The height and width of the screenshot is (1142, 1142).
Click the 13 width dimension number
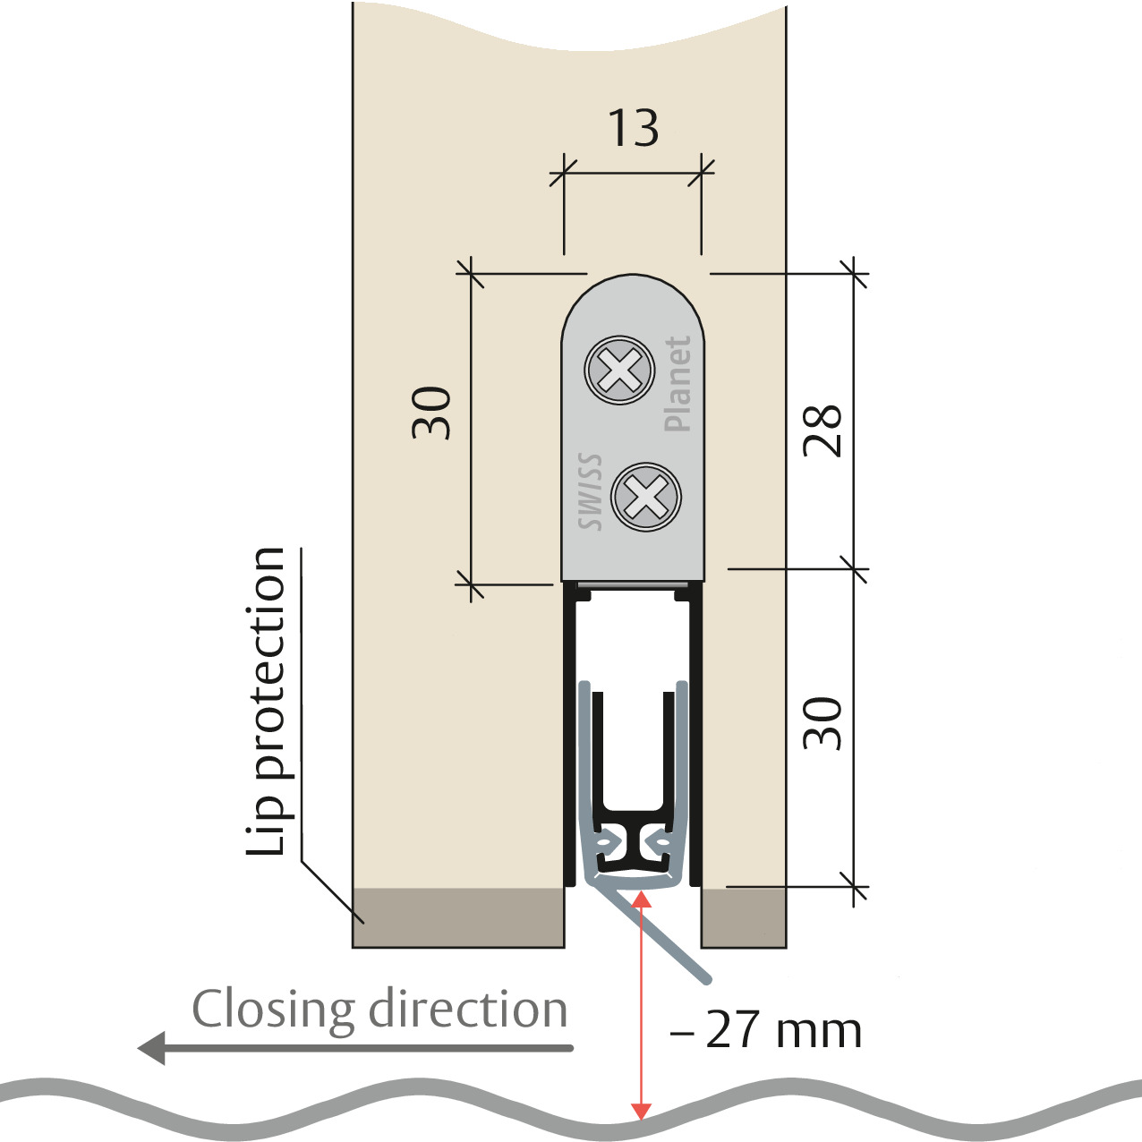click(633, 128)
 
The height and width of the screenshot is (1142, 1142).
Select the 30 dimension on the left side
click(431, 413)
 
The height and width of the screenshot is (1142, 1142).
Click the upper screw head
click(619, 370)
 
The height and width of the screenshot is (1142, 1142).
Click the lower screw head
click(646, 497)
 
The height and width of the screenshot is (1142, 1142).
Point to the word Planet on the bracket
click(678, 384)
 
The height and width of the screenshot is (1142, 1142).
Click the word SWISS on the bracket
click(590, 492)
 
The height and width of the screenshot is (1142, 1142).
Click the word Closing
click(273, 1010)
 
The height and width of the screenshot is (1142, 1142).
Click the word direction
click(468, 1010)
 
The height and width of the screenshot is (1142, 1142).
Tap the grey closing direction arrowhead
click(152, 1047)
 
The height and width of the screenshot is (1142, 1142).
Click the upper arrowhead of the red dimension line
click(641, 899)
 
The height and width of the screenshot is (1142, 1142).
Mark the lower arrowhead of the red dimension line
click(641, 1112)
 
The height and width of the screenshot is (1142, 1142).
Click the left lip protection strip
click(458, 917)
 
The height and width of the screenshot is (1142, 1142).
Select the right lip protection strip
click(743, 917)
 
